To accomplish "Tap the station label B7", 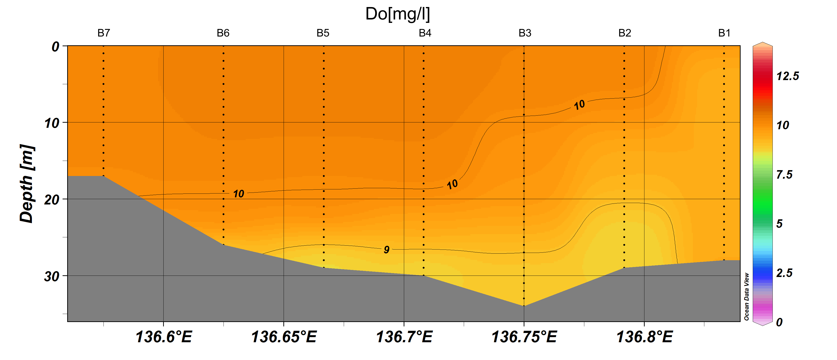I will [104, 33].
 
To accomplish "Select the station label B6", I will [223, 33].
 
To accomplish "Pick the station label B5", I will [323, 33].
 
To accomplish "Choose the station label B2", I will [624, 33].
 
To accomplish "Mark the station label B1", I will [724, 33].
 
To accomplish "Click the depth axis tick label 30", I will [52, 277].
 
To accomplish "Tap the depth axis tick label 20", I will [52, 200].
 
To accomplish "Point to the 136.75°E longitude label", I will [524, 337].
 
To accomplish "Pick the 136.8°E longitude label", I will [645, 337].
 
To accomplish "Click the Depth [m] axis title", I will [27, 184].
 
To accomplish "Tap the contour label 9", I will [386, 249].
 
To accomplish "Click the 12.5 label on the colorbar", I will [787, 76].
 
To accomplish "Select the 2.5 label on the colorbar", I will [784, 273].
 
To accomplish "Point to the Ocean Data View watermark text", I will [746, 296].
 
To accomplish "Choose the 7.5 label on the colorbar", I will [784, 175].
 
